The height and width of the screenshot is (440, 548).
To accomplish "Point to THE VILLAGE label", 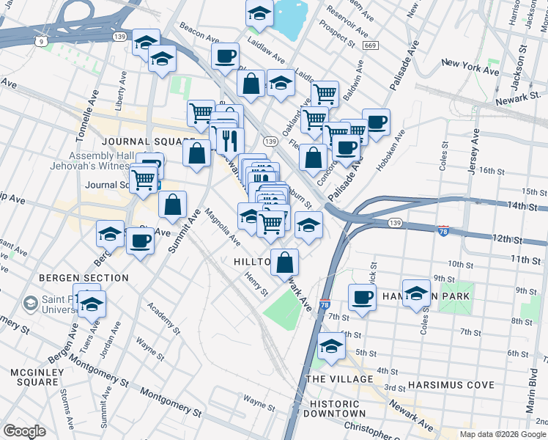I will pos(335,378).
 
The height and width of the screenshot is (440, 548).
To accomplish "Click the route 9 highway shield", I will pos(42,42).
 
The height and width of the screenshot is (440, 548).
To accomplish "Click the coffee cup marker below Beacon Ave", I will pos(226,55).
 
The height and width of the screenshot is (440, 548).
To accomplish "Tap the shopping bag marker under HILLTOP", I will pos(287,261).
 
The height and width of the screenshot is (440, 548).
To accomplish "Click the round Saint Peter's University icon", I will pos(31,302).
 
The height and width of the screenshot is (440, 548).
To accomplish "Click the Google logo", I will pos(24,431).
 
